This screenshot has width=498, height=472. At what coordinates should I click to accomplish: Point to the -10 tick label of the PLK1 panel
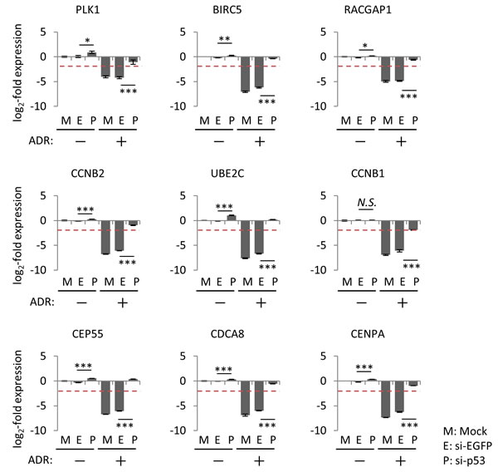tap(35, 106)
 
